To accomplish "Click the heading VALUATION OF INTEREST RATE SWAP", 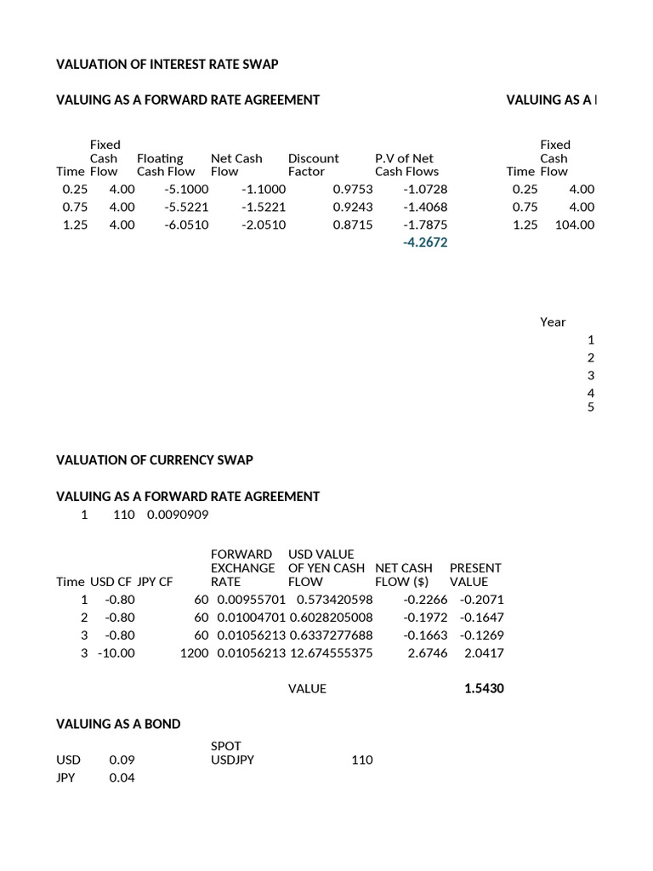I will (x=168, y=64).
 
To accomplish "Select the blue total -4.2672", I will (x=425, y=243).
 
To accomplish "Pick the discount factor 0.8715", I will (x=353, y=225).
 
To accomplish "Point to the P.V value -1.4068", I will (x=425, y=208).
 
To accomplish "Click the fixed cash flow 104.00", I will (x=577, y=225).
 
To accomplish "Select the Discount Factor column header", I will (x=313, y=165).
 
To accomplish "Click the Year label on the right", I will (x=553, y=322).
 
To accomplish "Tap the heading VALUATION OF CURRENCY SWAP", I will (x=155, y=460).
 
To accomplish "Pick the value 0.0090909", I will (x=178, y=515).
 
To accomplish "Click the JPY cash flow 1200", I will (x=194, y=653).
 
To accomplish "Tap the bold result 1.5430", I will (x=484, y=689).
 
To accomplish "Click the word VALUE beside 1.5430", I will (x=307, y=689).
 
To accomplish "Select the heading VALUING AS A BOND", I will (x=118, y=724).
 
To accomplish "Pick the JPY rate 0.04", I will (x=122, y=777).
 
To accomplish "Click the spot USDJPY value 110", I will (x=361, y=760).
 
